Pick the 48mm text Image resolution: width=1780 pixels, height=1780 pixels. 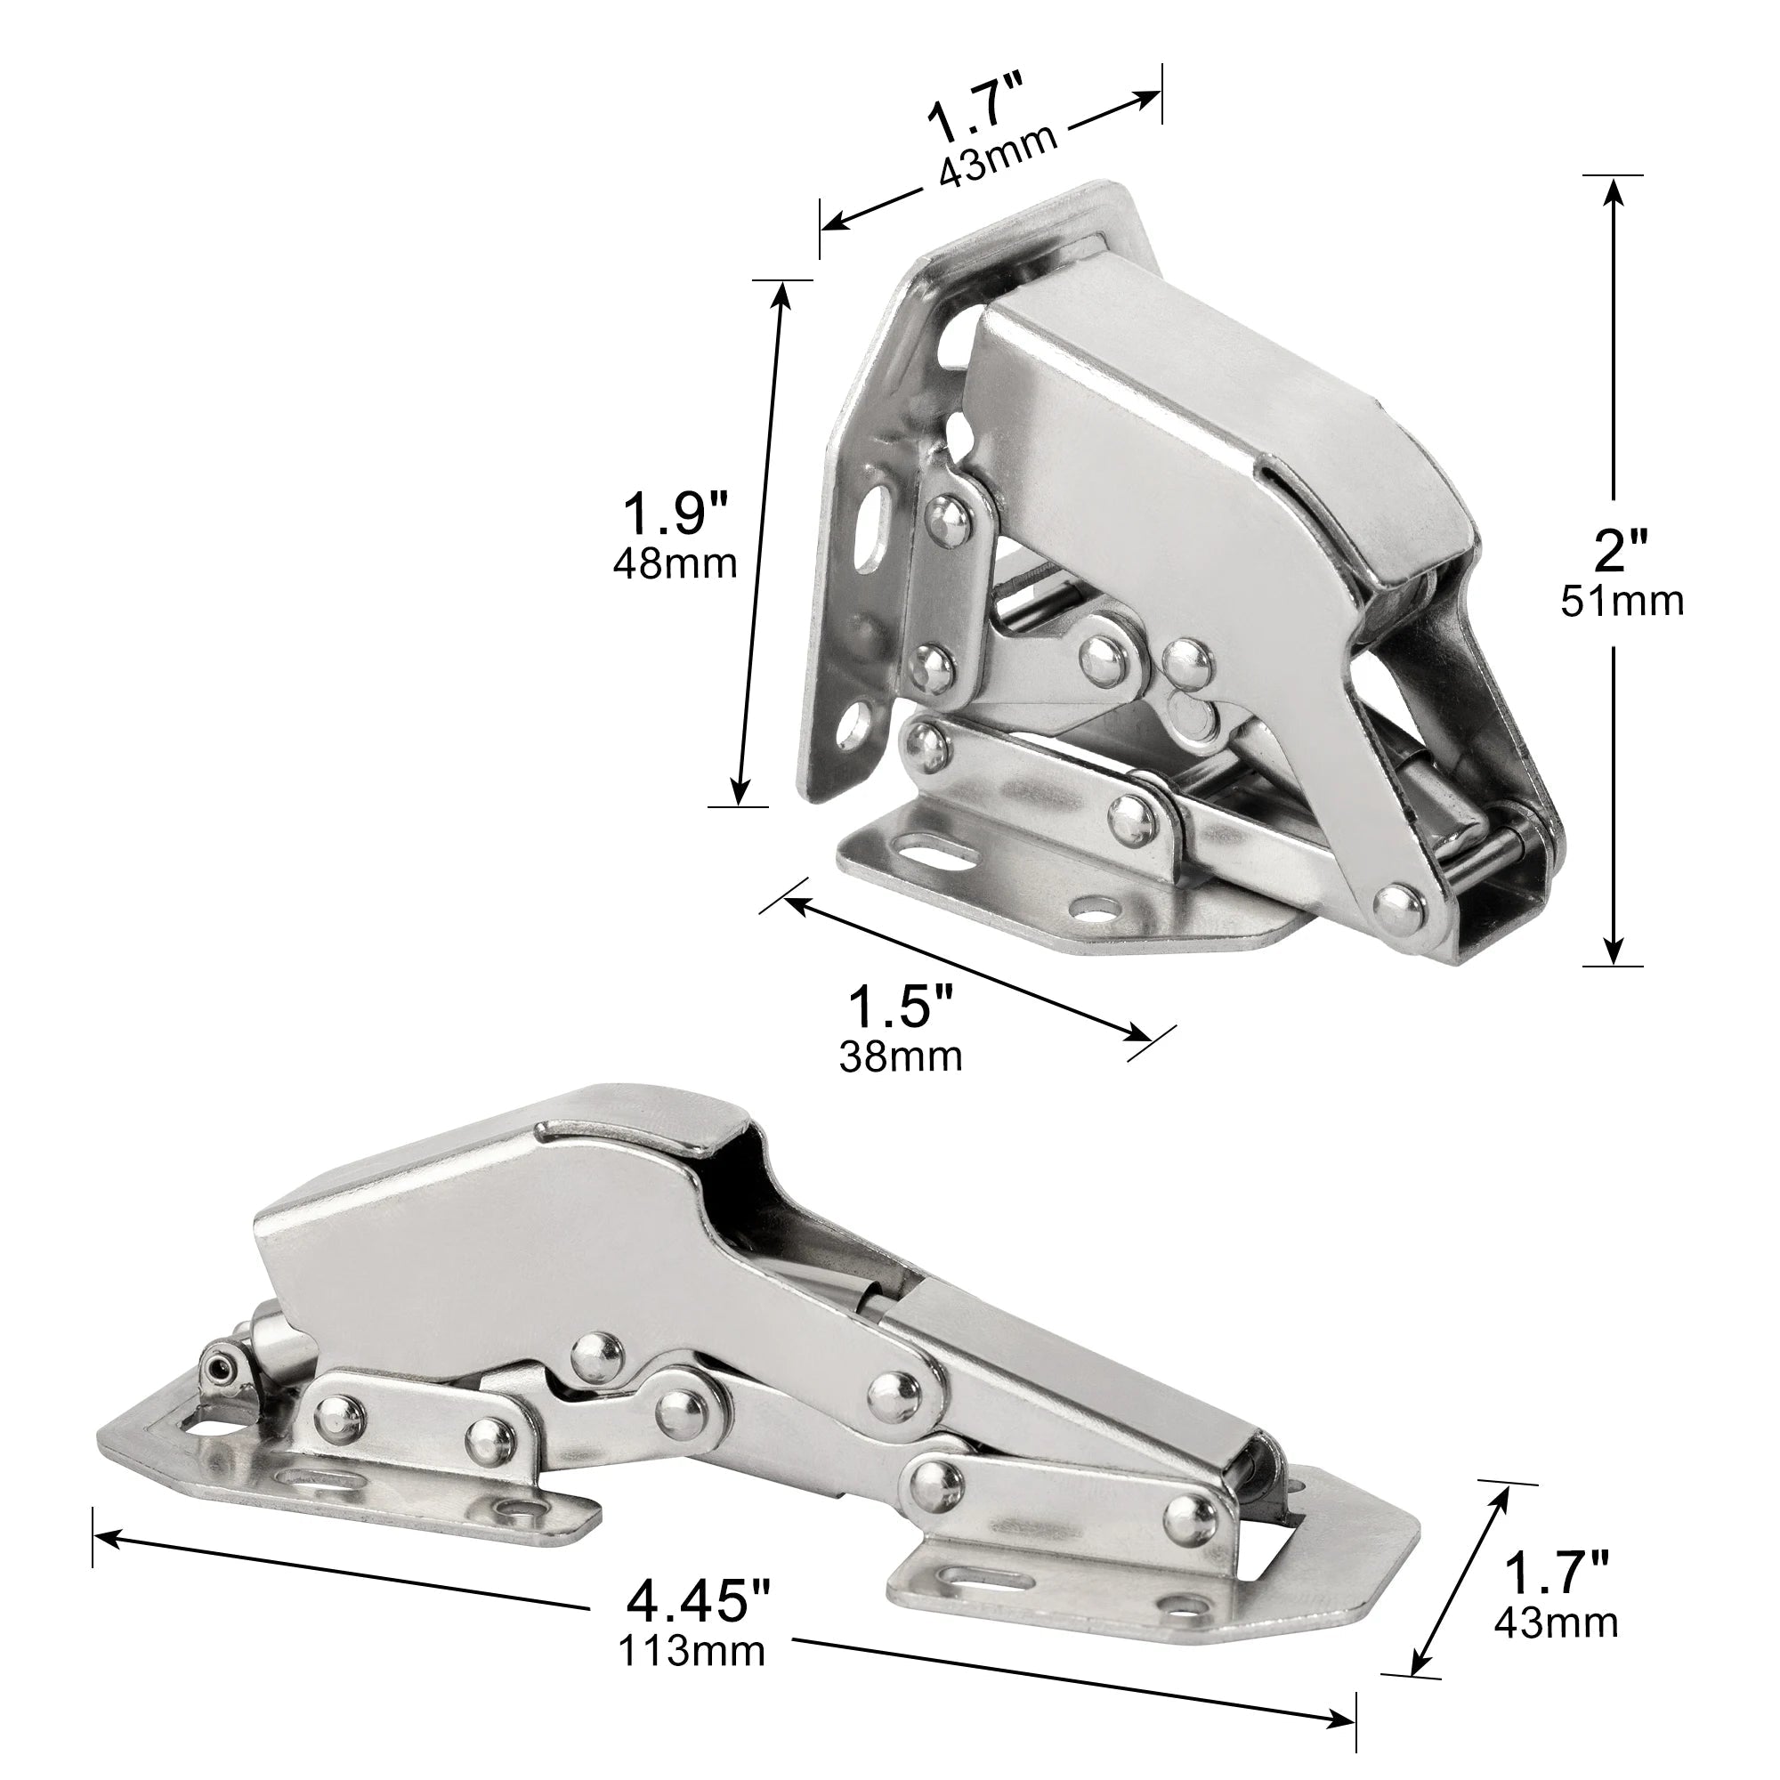(676, 563)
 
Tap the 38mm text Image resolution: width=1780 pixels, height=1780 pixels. (900, 1056)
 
